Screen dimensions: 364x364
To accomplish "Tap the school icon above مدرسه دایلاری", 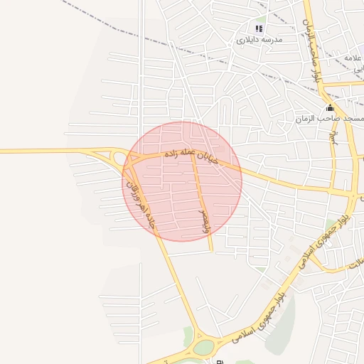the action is (259, 29).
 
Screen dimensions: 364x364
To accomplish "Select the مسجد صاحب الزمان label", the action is (333, 119).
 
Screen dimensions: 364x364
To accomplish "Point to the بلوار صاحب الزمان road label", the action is (312, 43).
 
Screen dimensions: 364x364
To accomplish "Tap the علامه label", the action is (353, 57).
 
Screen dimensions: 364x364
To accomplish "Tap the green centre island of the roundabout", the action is (204, 347).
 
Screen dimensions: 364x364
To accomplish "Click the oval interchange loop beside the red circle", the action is (117, 158).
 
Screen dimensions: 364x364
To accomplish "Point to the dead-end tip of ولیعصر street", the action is (212, 252).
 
